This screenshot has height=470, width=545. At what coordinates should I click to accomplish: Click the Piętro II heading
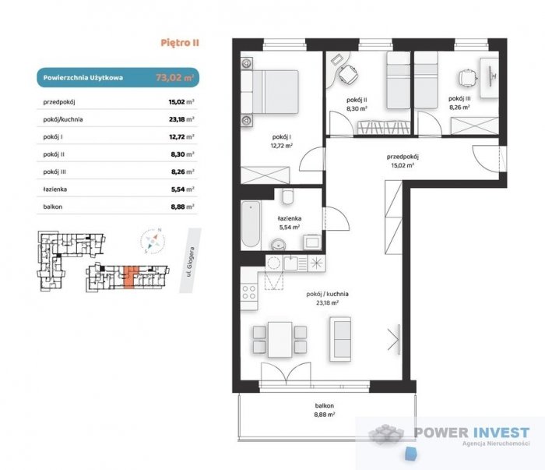coord(180,43)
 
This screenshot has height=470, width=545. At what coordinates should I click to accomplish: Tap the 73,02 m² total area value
coord(175,77)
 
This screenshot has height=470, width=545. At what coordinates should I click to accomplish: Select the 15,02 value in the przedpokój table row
coord(178,102)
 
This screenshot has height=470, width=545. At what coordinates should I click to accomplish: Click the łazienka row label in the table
coord(55,189)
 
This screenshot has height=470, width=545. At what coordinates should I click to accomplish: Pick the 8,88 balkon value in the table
coord(178,207)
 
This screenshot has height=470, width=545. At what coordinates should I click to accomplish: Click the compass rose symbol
coord(153,240)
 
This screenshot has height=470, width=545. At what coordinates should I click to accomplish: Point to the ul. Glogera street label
coord(190,262)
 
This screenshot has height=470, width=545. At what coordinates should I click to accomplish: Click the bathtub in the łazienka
coord(251,224)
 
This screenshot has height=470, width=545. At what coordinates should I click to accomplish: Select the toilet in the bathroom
coord(288,196)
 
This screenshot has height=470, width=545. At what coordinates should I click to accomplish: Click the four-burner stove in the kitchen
coord(249,292)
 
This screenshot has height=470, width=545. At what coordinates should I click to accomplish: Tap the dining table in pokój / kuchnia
coord(280,340)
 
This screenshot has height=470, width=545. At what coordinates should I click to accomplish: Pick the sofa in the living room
coord(340,339)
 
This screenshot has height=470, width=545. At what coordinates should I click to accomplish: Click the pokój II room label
coord(357,100)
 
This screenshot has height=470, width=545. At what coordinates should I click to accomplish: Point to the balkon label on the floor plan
coord(325,405)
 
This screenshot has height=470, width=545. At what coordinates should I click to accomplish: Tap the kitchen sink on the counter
coord(291,263)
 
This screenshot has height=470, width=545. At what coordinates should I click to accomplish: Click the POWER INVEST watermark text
coord(472,433)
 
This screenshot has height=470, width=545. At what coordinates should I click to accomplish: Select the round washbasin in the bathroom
coord(278,244)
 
